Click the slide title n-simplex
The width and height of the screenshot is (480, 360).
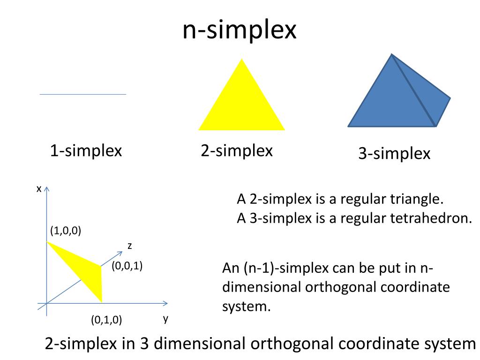pyautogui.click(x=240, y=30)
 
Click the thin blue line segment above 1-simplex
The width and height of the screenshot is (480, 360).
pyautogui.click(x=83, y=94)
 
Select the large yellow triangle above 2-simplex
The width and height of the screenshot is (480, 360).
pyautogui.click(x=241, y=103)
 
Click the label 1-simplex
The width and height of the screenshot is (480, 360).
pyautogui.click(x=86, y=151)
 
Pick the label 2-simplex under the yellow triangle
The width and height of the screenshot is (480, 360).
pyautogui.click(x=237, y=151)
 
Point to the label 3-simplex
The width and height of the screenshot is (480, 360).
pyautogui.click(x=394, y=154)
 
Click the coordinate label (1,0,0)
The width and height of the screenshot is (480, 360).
pyautogui.click(x=66, y=231)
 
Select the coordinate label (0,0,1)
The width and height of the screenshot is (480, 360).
pyautogui.click(x=127, y=266)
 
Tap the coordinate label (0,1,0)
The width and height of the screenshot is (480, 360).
pyautogui.click(x=106, y=320)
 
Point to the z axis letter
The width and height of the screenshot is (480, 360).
pyautogui.click(x=129, y=246)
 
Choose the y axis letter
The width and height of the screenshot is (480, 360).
pyautogui.click(x=165, y=319)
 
